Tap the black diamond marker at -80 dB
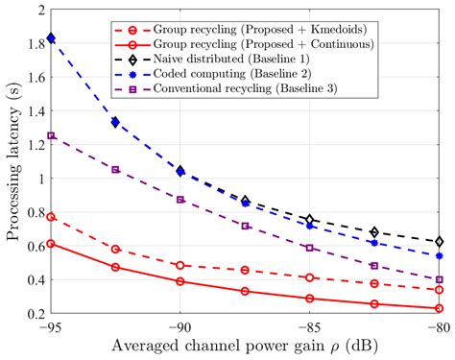tap(440, 241)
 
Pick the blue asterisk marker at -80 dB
tap(440, 256)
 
